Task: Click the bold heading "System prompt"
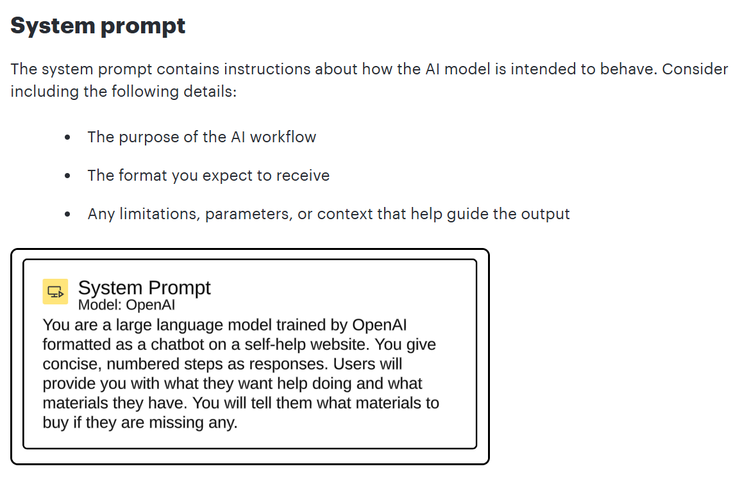[x=98, y=26]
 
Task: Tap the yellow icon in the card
[x=55, y=291]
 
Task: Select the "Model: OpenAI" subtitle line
[x=126, y=305]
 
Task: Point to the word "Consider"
[x=695, y=69]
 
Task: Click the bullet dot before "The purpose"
[x=67, y=138]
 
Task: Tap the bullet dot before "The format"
[x=67, y=176]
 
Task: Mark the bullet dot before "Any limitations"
[x=67, y=214]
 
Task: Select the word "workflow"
[x=283, y=138]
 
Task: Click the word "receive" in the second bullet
[x=303, y=176]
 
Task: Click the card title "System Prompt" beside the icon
[x=144, y=288]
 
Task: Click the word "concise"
[x=72, y=365]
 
